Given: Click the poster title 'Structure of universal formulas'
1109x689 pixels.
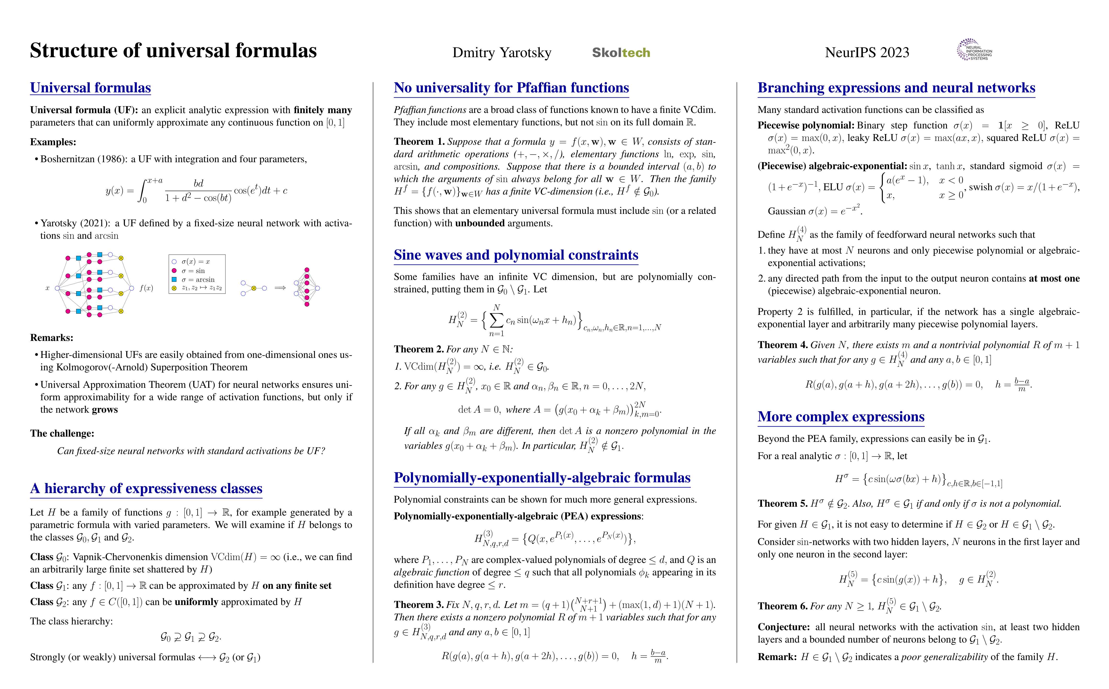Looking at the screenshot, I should click(173, 50).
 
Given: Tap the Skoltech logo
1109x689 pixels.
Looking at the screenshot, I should click(621, 53).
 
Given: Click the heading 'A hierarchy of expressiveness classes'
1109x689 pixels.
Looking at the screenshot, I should click(146, 489).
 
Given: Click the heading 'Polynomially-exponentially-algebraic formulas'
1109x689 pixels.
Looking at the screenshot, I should click(542, 478).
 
